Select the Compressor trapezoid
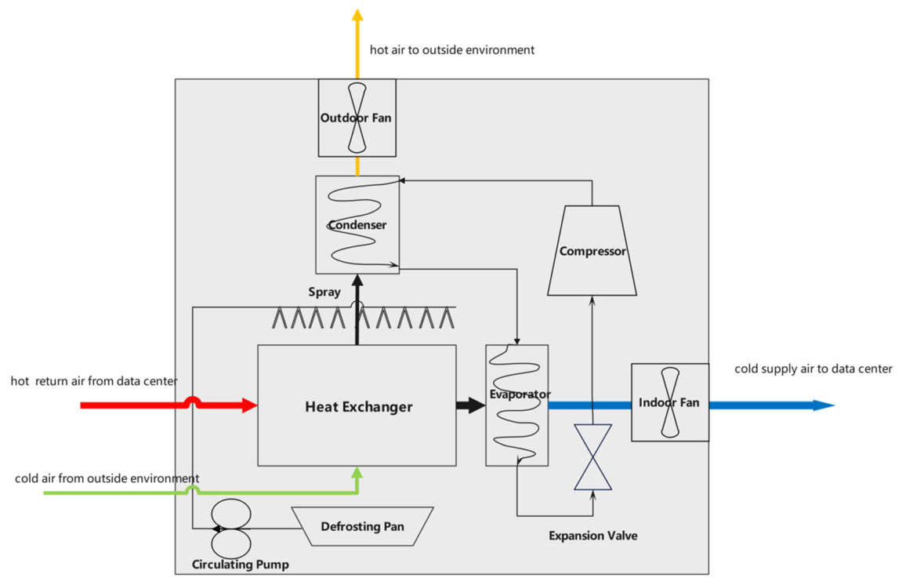(x=592, y=250)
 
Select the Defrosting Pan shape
(x=362, y=526)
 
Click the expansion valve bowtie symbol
(x=592, y=457)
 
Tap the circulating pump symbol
(x=230, y=529)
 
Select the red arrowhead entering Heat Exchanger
(x=249, y=405)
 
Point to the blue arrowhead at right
(x=823, y=405)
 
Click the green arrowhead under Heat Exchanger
(x=357, y=473)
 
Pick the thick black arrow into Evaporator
(x=471, y=405)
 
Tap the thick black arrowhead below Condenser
(x=357, y=281)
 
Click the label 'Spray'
(x=324, y=292)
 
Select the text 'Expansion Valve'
(x=593, y=536)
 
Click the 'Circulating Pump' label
(x=241, y=565)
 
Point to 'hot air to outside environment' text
(x=452, y=50)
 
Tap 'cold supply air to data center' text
(x=813, y=369)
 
